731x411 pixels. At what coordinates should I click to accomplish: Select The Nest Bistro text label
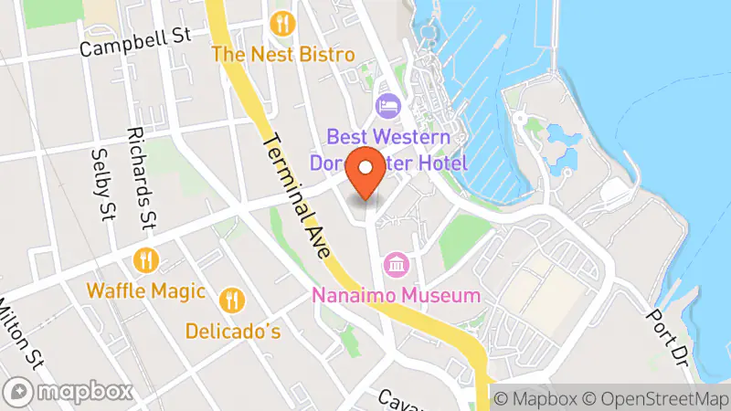point(283,55)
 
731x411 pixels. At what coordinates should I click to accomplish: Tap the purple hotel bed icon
point(387,107)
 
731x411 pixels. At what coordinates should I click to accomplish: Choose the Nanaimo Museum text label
point(396,296)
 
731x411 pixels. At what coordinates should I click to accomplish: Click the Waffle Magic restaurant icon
point(144,260)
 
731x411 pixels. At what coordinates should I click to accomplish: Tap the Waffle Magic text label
point(144,291)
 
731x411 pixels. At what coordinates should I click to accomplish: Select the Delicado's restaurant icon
point(232,299)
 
